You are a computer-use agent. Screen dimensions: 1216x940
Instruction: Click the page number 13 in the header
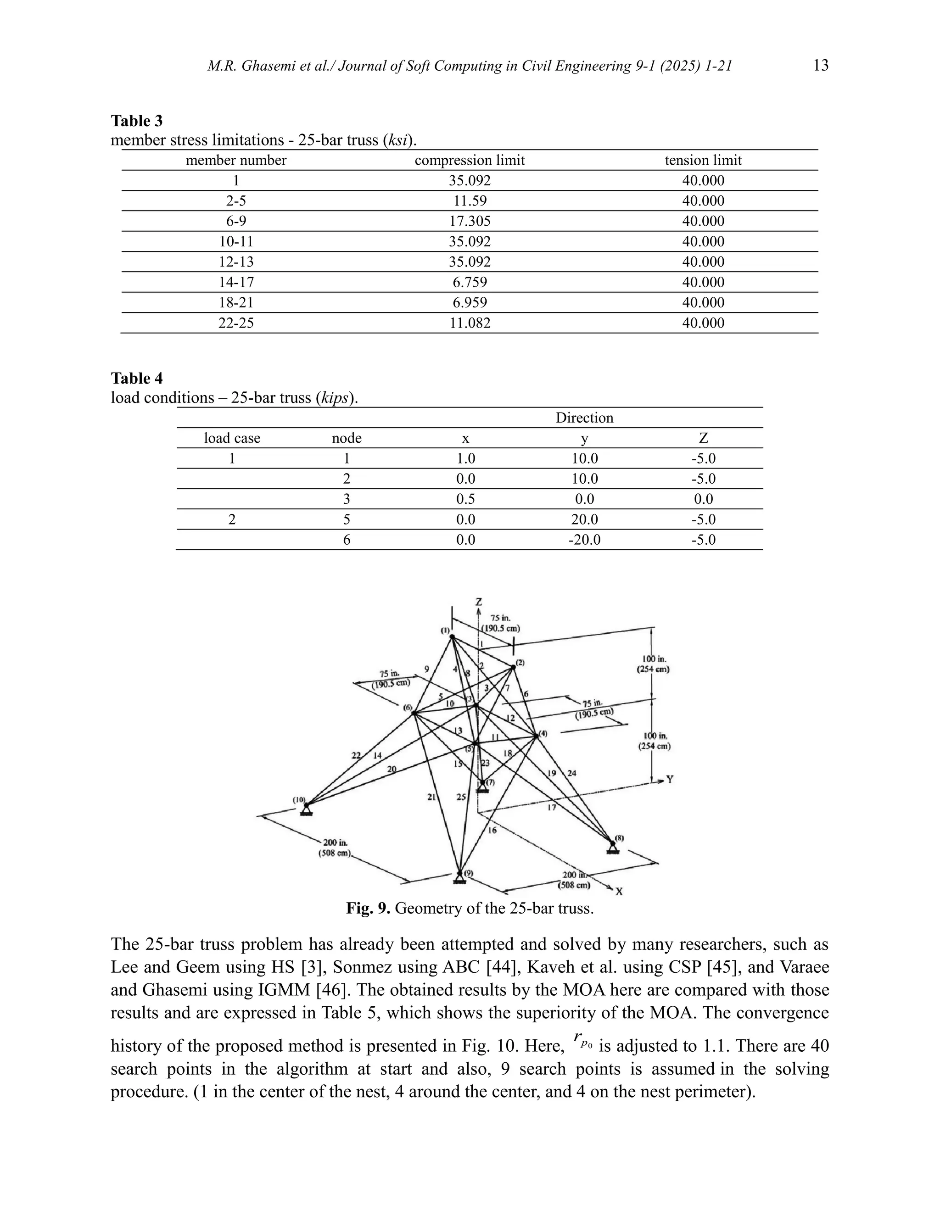pos(820,66)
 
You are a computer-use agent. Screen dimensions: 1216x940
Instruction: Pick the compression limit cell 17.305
pos(470,221)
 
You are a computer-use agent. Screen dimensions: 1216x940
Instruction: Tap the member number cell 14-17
pos(236,282)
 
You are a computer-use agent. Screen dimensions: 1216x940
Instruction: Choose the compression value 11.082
pos(470,323)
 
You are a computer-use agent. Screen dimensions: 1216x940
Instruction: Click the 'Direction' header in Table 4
pos(584,418)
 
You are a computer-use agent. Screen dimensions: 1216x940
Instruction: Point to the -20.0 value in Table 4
pos(584,540)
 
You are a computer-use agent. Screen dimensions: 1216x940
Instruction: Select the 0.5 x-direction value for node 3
pos(465,499)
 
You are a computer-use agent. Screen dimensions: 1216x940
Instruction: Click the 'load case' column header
pos(232,438)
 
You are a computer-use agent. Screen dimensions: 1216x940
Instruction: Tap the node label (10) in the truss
pos(299,800)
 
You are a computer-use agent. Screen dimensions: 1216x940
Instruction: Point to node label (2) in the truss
pos(520,663)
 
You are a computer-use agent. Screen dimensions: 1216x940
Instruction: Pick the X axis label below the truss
pos(619,892)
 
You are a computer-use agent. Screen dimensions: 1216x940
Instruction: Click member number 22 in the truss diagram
pos(356,756)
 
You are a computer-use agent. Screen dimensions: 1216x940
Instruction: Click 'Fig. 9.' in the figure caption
pos(368,909)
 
